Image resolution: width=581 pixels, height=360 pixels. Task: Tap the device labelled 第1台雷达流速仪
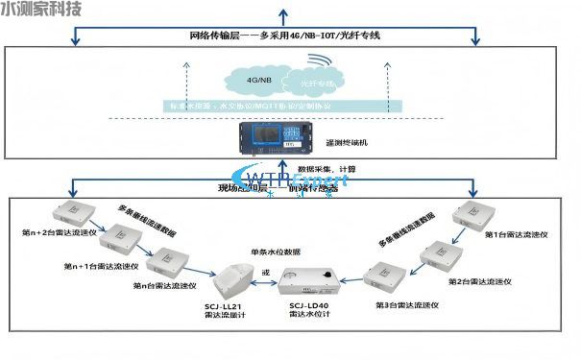click(473, 215)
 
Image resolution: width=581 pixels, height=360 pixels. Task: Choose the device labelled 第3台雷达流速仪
click(383, 278)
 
